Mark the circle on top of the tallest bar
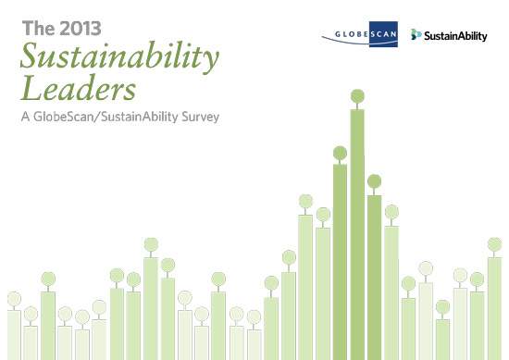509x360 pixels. click(x=357, y=95)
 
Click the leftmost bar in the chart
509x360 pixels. click(x=14, y=334)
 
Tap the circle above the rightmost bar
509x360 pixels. click(x=494, y=244)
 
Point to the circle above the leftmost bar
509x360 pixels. click(x=14, y=298)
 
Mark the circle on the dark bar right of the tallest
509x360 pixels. click(x=374, y=181)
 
